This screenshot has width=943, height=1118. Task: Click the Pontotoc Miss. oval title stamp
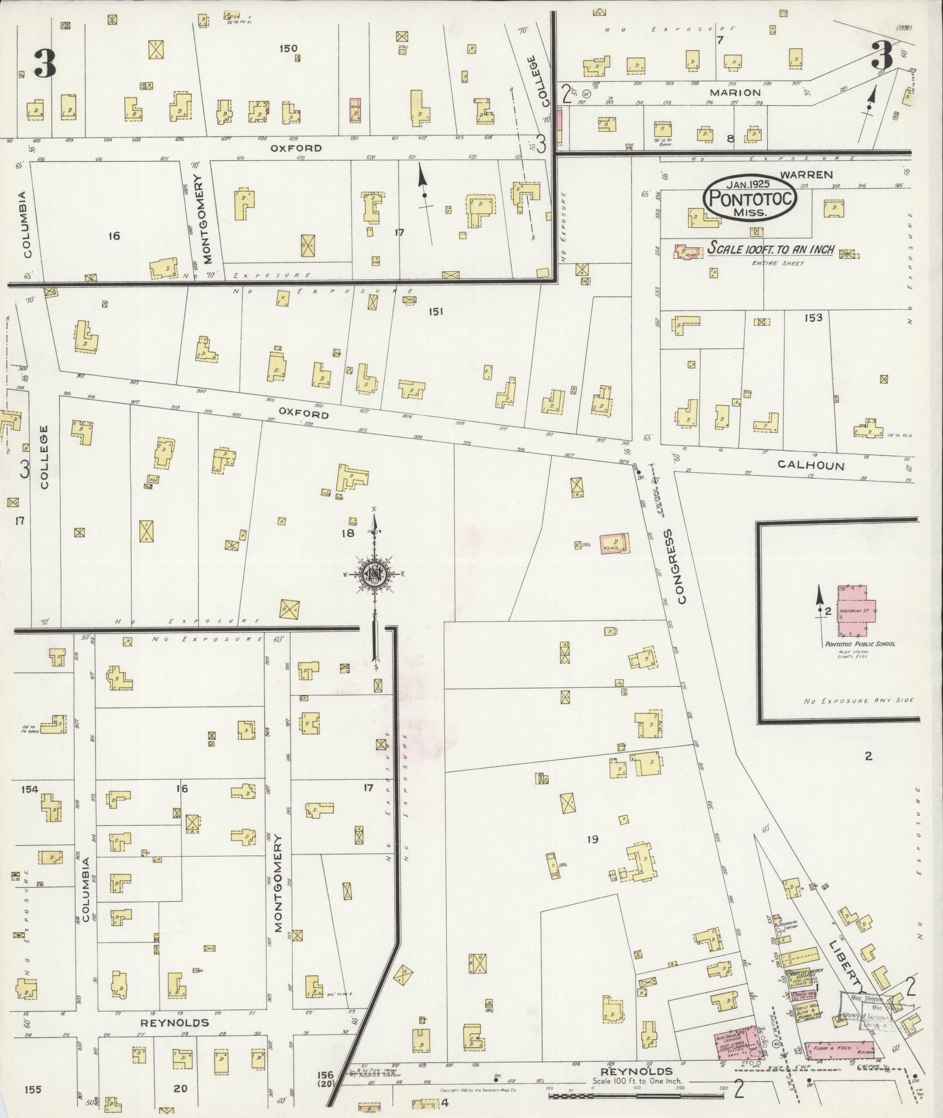point(751,198)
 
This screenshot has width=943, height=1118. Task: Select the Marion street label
point(735,92)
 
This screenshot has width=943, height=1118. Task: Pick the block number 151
point(436,311)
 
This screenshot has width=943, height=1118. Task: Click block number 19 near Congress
point(593,840)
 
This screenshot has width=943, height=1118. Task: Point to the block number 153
point(813,318)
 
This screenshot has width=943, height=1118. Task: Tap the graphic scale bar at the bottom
point(637,1094)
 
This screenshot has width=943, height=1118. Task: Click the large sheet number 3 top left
point(44,64)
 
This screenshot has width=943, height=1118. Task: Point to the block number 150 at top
point(288,49)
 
